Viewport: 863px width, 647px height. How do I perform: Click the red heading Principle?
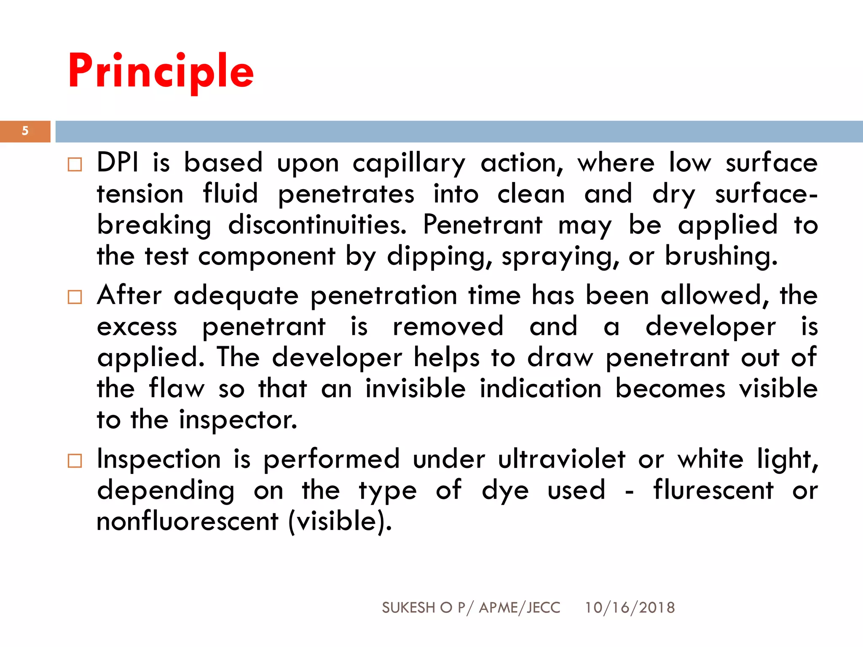pyautogui.click(x=161, y=72)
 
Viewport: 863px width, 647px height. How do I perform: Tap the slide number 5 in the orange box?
pyautogui.click(x=25, y=131)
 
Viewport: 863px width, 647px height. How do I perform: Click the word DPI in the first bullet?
pyautogui.click(x=118, y=163)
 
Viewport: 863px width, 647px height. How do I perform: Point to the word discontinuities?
pyautogui.click(x=317, y=225)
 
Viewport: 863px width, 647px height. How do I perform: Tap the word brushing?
pyautogui.click(x=721, y=257)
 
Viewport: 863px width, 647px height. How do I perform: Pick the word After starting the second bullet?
pyautogui.click(x=129, y=295)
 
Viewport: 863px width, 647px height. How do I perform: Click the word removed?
pyautogui.click(x=448, y=326)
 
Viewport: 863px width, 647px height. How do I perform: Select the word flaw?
pyautogui.click(x=177, y=388)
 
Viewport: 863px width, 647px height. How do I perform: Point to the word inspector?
pyautogui.click(x=238, y=420)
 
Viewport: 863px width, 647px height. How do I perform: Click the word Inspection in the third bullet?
pyautogui.click(x=159, y=459)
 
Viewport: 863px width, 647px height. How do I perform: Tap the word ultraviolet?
pyautogui.click(x=561, y=459)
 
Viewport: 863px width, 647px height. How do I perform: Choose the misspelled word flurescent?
pyautogui.click(x=713, y=490)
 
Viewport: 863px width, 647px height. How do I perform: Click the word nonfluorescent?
pyautogui.click(x=188, y=521)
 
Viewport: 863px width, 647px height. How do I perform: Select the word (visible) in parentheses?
pyautogui.click(x=340, y=521)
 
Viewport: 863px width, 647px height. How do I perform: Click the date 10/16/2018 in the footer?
pyautogui.click(x=630, y=607)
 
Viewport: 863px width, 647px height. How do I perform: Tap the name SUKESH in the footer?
pyautogui.click(x=408, y=607)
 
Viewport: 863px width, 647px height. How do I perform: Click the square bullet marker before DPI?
pyautogui.click(x=75, y=164)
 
